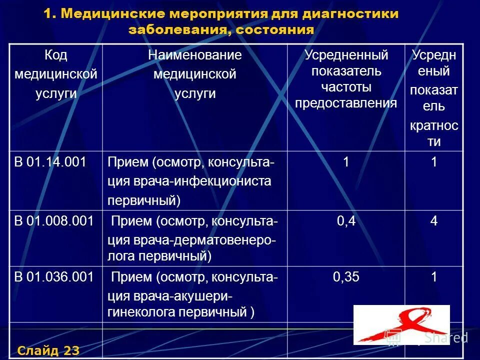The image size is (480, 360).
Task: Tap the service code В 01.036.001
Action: point(53,277)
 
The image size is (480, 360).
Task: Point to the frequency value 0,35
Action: point(346,277)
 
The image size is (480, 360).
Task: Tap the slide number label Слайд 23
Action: point(48,350)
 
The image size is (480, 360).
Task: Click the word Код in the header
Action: point(55,55)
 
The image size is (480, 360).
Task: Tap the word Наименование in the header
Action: point(194,55)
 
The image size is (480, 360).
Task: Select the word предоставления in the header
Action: point(346,103)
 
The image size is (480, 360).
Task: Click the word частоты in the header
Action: point(346,87)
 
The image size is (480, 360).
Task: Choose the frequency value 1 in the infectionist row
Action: point(346,162)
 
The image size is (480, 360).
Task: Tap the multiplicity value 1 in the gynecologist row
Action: point(434,277)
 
